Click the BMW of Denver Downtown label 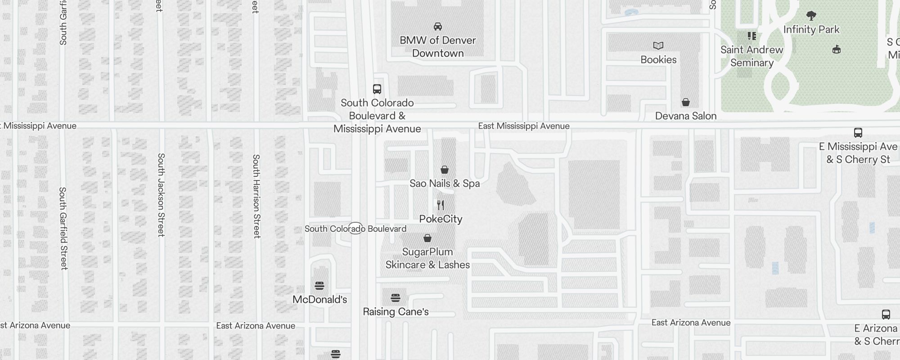437,47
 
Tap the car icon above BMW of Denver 437,27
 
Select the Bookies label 658,60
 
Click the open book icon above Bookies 658,45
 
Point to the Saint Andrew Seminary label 751,56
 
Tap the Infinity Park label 811,30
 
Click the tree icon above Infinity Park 811,16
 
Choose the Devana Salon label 685,116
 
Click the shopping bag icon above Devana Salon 685,103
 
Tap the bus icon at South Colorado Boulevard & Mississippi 377,89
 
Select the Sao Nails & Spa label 444,184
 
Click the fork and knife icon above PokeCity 441,205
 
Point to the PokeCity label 441,219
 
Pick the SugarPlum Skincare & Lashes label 427,258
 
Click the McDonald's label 319,300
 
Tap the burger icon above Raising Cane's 396,298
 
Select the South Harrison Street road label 256,196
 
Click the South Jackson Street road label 161,195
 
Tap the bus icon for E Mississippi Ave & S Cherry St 858,133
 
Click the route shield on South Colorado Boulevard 355,228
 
